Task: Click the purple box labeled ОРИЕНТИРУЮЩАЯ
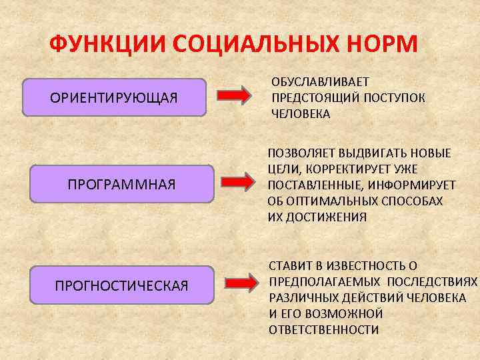click(x=114, y=98)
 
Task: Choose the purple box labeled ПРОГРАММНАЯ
click(x=122, y=183)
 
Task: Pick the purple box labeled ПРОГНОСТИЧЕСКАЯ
click(x=122, y=285)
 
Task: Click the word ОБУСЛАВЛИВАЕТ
click(x=320, y=82)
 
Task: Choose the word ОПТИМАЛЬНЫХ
click(x=329, y=201)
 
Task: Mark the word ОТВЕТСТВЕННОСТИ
click(x=324, y=330)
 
